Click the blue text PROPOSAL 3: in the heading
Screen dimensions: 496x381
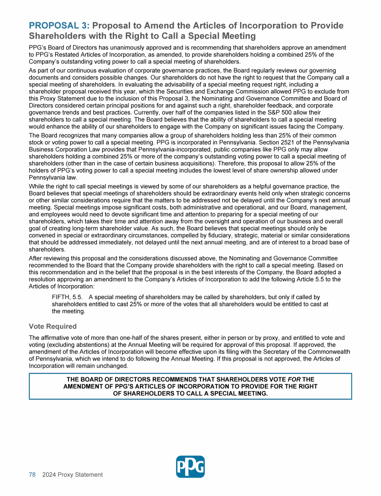tap(60, 26)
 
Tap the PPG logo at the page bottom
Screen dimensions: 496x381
tap(190, 467)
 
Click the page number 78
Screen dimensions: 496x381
tap(32, 475)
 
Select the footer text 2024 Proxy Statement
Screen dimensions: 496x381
tap(72, 475)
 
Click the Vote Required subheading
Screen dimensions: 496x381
tap(53, 327)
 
